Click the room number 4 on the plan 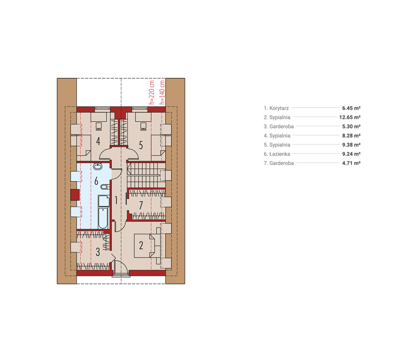(x=98, y=141)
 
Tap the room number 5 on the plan (x=141, y=145)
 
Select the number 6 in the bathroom (x=96, y=181)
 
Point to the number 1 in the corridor (x=116, y=200)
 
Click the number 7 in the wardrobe (x=141, y=205)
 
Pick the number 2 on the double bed (x=141, y=245)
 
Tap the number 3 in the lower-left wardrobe (x=98, y=252)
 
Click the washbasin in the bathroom (x=98, y=167)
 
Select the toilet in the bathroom (x=105, y=187)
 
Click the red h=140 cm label (x=162, y=92)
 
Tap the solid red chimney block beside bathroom (x=75, y=195)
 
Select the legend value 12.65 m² (x=350, y=117)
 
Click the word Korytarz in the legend (x=279, y=108)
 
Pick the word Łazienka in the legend (x=280, y=154)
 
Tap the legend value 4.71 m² (x=351, y=163)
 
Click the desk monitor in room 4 (x=99, y=126)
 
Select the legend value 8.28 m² (x=351, y=135)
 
